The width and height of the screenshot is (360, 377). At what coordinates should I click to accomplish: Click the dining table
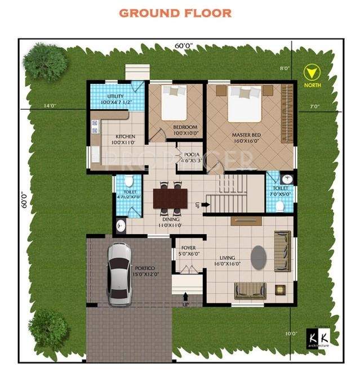click(170, 198)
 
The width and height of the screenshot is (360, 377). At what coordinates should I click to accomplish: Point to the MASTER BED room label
click(246, 136)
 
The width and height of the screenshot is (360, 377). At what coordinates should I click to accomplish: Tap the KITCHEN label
click(125, 137)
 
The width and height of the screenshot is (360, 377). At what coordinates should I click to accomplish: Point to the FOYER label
click(188, 248)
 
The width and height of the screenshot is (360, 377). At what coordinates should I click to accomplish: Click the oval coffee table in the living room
click(259, 258)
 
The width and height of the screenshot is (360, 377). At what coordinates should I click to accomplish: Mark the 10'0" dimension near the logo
click(291, 333)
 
